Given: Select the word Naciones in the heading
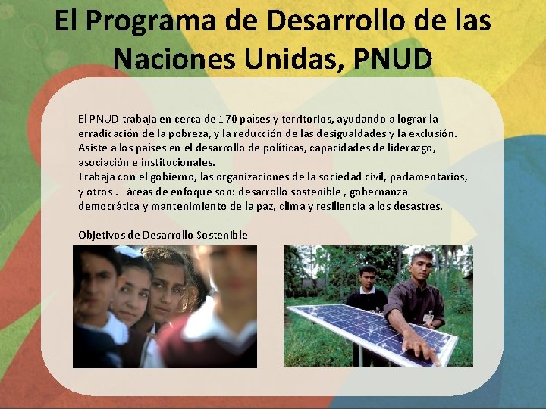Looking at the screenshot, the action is (174, 59).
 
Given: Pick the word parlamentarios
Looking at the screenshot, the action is (428, 177).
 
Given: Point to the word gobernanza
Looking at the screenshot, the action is (378, 192).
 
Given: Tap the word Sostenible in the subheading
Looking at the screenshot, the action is (222, 235).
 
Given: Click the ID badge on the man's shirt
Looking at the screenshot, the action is (428, 317).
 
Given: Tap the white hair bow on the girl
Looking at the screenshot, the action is (128, 251).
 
